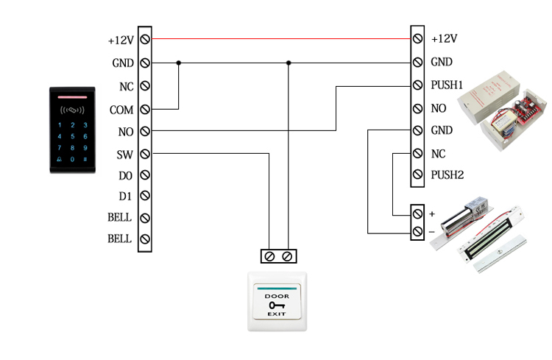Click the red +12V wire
(x=280, y=38)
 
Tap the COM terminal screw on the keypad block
(x=145, y=109)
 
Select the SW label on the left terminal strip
(x=125, y=155)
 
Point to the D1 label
(x=125, y=197)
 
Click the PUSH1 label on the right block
(x=447, y=85)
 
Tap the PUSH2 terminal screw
(x=417, y=175)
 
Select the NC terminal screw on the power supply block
(x=417, y=154)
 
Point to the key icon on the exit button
(x=277, y=304)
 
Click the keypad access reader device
(x=74, y=130)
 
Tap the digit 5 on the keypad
(x=72, y=136)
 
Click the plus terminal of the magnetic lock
(x=417, y=213)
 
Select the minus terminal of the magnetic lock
(x=417, y=232)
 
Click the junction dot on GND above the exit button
(x=289, y=63)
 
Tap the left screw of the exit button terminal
(x=269, y=256)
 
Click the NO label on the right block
(x=439, y=108)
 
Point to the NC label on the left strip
(x=126, y=87)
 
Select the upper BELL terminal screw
(x=145, y=218)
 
